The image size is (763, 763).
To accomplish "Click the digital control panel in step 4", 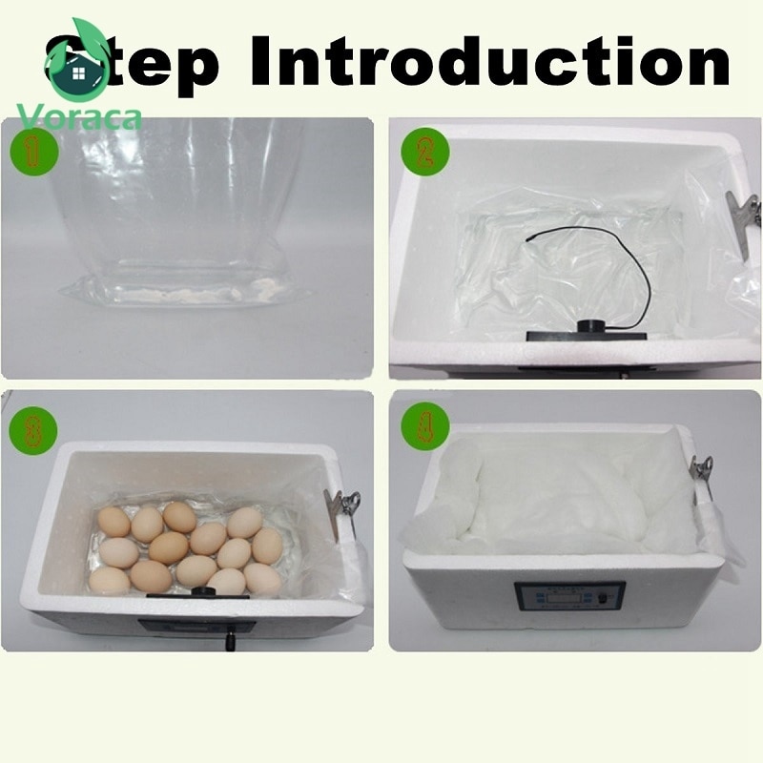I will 569,596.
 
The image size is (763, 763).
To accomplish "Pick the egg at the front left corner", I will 110,579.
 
